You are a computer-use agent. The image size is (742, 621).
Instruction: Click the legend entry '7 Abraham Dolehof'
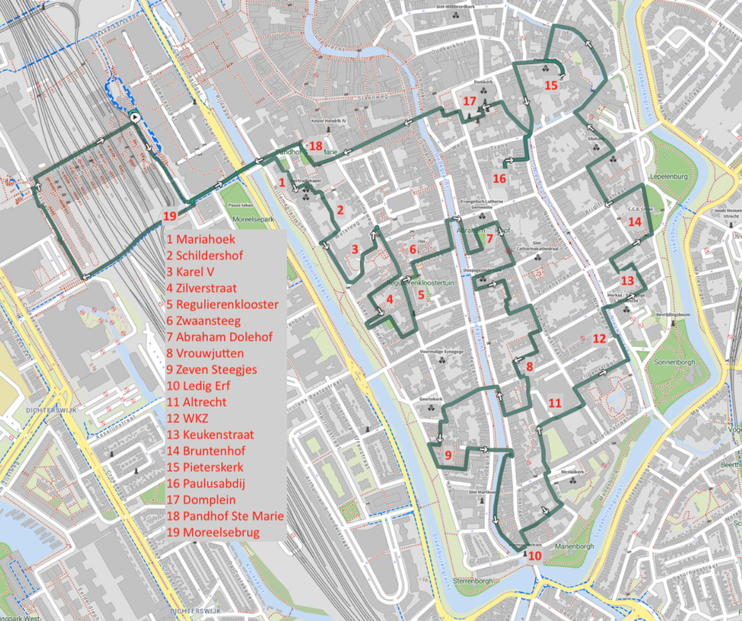[217, 337]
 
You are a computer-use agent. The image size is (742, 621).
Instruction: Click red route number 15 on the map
[551, 86]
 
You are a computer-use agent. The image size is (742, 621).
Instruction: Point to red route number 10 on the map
[535, 557]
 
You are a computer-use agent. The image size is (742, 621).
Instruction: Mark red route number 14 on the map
[635, 221]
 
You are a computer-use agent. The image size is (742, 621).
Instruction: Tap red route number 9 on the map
[448, 455]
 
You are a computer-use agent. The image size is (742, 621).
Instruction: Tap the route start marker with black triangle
[134, 116]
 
